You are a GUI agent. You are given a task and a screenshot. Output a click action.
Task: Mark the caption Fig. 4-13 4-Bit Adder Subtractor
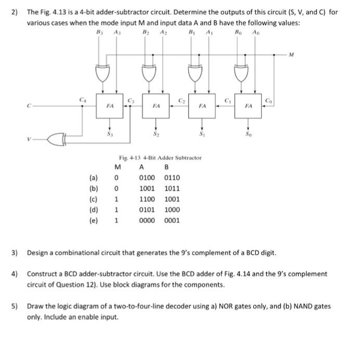tap(160, 157)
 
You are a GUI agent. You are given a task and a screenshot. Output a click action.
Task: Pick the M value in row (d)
tap(117, 209)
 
